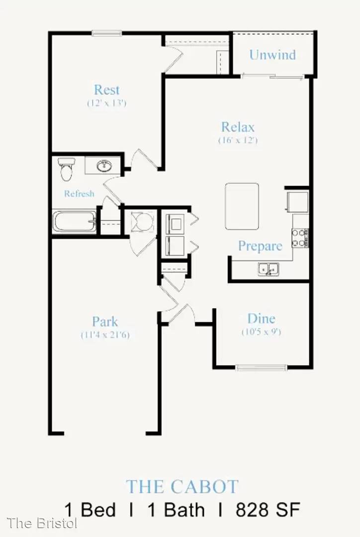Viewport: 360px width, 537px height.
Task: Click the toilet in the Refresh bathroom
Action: pos(66,169)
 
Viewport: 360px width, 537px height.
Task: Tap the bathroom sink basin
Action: pos(104,166)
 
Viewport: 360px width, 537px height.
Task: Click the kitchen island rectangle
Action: pos(242,206)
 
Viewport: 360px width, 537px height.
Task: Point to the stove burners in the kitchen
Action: pos(300,238)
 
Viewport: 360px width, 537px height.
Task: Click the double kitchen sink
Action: pos(269,269)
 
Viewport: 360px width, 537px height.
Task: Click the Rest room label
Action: pos(106,89)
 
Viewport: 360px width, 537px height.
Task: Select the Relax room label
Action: pos(238,127)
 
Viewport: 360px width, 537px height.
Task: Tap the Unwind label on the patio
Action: pos(272,55)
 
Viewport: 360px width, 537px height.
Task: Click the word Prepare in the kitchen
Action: pos(260,246)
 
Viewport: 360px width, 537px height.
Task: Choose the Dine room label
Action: pos(262,319)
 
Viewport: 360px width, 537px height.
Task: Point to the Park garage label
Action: pos(105,322)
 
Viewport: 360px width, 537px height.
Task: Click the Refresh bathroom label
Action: pos(79,193)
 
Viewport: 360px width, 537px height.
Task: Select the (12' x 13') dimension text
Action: pos(107,103)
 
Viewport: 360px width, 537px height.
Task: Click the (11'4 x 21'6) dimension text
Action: pos(105,335)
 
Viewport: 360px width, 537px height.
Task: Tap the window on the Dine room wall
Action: pos(262,367)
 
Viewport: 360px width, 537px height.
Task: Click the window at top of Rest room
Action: pos(106,33)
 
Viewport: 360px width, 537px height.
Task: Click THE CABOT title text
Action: pos(182,487)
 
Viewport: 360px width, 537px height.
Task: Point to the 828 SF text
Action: pos(268,510)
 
